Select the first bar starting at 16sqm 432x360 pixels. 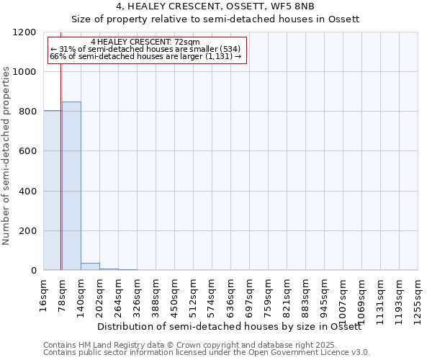coord(52,190)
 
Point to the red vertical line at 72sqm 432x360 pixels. coord(60,158)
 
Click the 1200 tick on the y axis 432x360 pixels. coord(27,32)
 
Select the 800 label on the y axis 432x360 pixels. coord(27,112)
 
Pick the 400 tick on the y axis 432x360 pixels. coord(27,192)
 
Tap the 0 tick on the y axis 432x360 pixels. coord(33,271)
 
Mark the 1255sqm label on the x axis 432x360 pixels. coord(418,298)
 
